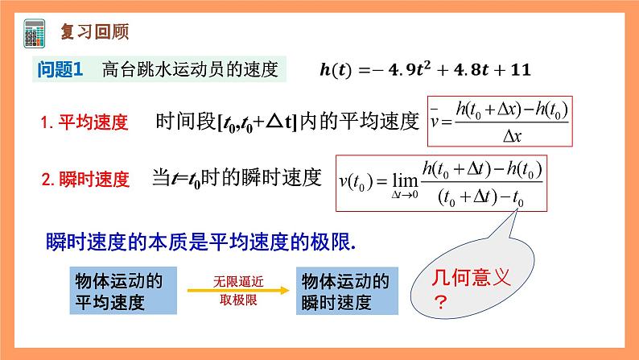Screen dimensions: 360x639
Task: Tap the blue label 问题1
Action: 61,70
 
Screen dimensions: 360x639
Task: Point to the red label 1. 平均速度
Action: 85,123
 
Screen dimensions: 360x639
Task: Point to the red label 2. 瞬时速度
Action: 85,180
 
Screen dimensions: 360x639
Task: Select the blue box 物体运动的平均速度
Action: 118,292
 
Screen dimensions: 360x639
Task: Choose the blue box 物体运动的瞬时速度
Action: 345,292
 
